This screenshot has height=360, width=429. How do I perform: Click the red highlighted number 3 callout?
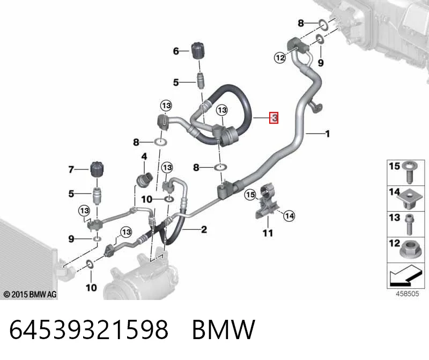click(x=274, y=118)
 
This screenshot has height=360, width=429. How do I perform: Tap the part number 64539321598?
click(x=88, y=329)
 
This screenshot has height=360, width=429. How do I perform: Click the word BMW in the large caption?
click(x=224, y=329)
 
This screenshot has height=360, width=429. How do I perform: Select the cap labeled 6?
click(x=199, y=50)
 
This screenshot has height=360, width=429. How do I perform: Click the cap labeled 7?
click(x=98, y=170)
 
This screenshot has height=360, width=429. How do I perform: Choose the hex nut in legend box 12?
click(x=409, y=249)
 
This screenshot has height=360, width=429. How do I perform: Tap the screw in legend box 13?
click(x=409, y=224)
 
